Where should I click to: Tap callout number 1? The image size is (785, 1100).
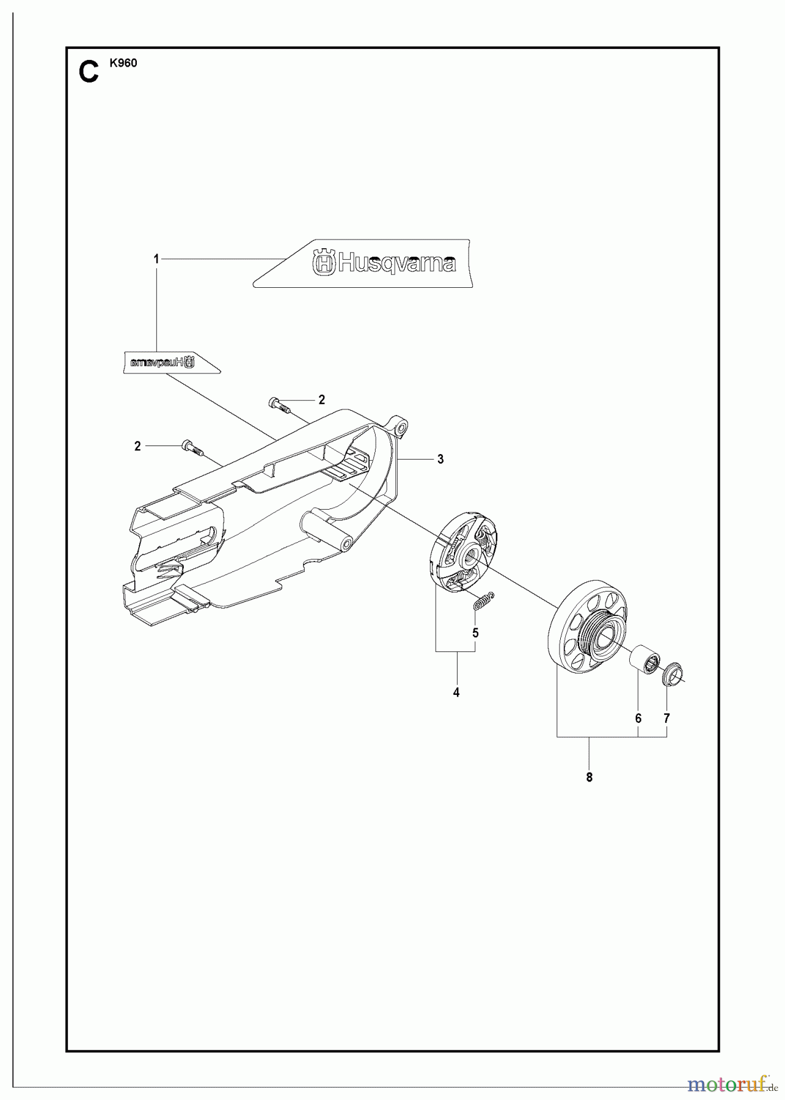pos(156,260)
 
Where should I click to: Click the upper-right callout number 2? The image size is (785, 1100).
pos(321,400)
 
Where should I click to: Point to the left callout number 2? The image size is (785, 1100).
pos(137,447)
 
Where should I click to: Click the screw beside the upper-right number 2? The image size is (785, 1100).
pos(278,405)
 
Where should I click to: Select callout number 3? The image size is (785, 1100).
pos(440,460)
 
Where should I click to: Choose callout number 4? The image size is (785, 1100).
pos(456,692)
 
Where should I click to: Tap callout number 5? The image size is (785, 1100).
pos(475,633)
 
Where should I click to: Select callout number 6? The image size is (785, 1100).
pos(638,719)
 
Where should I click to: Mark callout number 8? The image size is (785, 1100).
pos(589,777)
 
